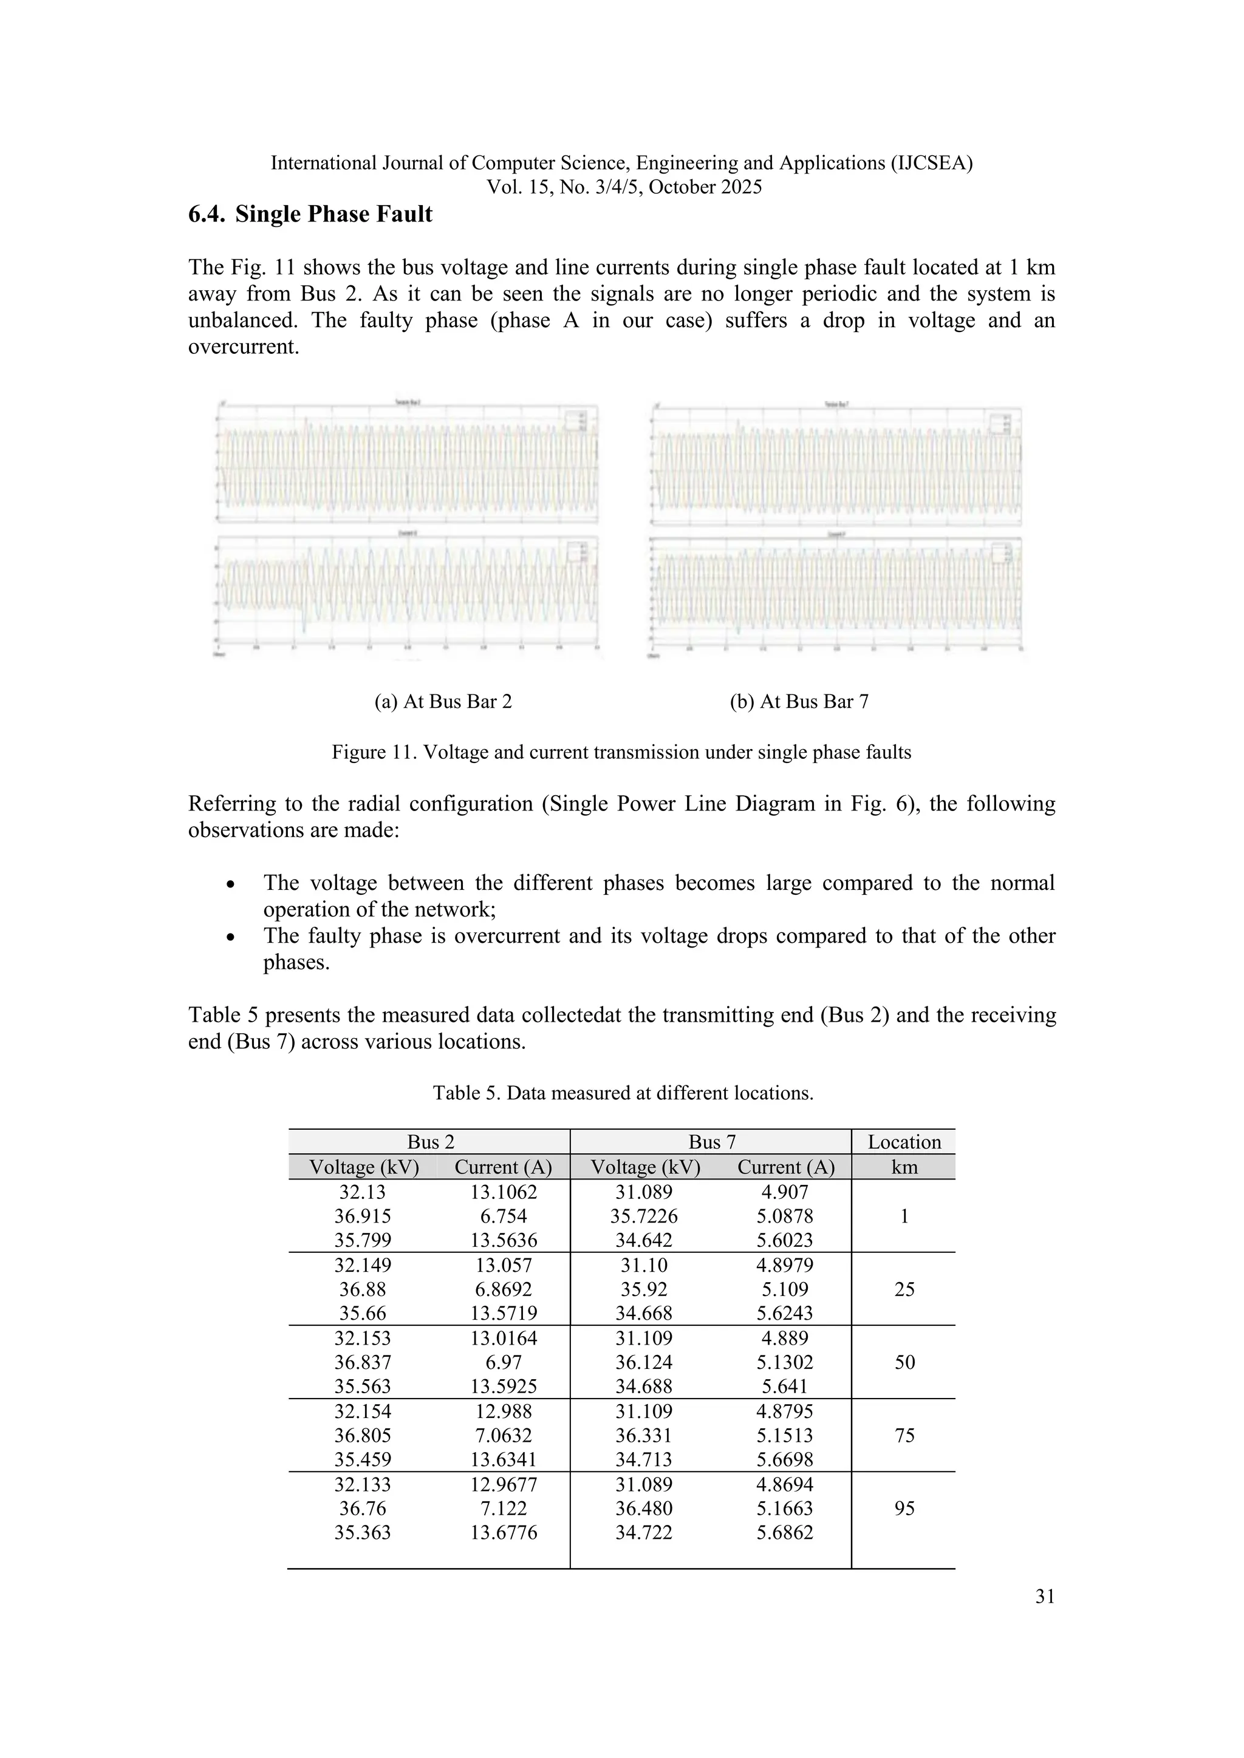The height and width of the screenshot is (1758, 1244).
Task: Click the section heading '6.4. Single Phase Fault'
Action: click(310, 214)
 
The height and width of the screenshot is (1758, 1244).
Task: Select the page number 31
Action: click(1045, 1597)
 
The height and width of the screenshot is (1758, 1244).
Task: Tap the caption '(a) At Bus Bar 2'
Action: click(443, 701)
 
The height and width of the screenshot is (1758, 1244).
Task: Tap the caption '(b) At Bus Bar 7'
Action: click(799, 701)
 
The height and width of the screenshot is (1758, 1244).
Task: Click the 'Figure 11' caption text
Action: click(621, 752)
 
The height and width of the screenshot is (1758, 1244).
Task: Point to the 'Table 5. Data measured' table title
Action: click(623, 1093)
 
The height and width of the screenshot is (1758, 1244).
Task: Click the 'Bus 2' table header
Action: click(431, 1142)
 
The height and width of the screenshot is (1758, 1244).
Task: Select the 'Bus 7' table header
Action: click(712, 1142)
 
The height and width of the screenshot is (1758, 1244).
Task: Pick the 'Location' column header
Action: click(904, 1142)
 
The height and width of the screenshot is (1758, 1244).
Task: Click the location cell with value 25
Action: click(904, 1289)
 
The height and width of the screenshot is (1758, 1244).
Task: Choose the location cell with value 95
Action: click(904, 1509)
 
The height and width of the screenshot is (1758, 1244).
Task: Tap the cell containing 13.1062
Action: click(504, 1192)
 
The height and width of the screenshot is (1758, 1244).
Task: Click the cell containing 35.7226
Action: click(643, 1216)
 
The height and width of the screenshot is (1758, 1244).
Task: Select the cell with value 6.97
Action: click(504, 1362)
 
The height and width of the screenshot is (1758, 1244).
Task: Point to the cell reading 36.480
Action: click(643, 1509)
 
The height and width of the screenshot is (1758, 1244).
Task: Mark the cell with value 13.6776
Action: click(504, 1532)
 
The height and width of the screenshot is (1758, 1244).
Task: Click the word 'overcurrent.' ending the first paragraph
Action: click(244, 347)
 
